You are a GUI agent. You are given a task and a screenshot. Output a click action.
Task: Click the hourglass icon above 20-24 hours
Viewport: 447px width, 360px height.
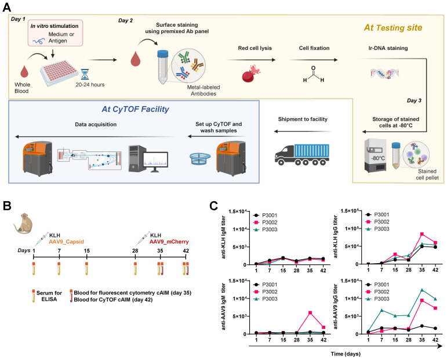[85, 74]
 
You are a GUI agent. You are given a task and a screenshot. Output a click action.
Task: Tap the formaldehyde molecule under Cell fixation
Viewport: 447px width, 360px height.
[314, 75]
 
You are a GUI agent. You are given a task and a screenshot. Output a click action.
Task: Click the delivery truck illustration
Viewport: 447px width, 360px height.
[302, 155]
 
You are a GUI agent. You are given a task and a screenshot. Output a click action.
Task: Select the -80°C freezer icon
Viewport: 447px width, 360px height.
[376, 155]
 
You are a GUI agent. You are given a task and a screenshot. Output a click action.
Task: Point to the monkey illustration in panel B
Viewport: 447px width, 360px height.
[23, 223]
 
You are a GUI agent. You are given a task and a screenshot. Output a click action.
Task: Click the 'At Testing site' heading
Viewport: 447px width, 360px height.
[393, 28]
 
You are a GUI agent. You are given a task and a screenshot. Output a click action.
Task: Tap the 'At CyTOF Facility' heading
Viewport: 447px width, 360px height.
[136, 109]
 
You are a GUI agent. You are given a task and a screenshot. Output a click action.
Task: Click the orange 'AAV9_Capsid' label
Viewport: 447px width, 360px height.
[67, 242]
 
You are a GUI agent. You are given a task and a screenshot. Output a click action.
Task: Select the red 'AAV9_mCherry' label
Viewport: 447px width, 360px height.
[169, 242]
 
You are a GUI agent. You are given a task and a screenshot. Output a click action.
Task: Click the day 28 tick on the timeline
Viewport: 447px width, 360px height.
[135, 257]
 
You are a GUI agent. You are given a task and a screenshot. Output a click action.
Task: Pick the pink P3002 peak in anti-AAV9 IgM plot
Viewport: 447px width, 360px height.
[310, 312]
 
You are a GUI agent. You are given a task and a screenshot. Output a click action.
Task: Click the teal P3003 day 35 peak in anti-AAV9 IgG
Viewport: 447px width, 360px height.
[422, 290]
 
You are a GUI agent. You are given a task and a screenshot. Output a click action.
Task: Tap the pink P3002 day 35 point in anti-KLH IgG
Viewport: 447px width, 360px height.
[422, 234]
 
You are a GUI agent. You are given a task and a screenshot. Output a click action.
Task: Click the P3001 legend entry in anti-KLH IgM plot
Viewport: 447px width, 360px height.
[265, 216]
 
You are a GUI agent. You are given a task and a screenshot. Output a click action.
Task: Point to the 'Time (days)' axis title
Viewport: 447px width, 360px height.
[346, 354]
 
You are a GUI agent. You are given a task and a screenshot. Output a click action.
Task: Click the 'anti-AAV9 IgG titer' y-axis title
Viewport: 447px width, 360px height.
[335, 307]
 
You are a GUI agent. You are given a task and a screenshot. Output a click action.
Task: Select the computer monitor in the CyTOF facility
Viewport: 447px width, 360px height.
[155, 162]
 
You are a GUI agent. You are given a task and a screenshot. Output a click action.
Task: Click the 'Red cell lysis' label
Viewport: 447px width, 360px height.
[255, 48]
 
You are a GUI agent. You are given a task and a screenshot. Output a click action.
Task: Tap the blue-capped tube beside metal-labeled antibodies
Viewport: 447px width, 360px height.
[162, 67]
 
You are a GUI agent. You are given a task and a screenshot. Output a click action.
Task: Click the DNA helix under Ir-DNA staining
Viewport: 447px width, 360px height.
[384, 73]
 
